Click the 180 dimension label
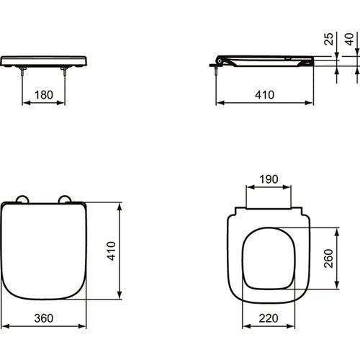tap(44, 95)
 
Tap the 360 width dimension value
tap(44, 318)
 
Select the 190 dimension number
tap(269, 179)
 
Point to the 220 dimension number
tap(269, 318)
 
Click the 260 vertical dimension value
tap(329, 258)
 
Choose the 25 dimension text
tap(329, 39)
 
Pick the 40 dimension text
tap(349, 39)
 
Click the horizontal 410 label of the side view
tap(264, 95)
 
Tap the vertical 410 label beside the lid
tap(112, 251)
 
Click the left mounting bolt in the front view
tap(22, 71)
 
